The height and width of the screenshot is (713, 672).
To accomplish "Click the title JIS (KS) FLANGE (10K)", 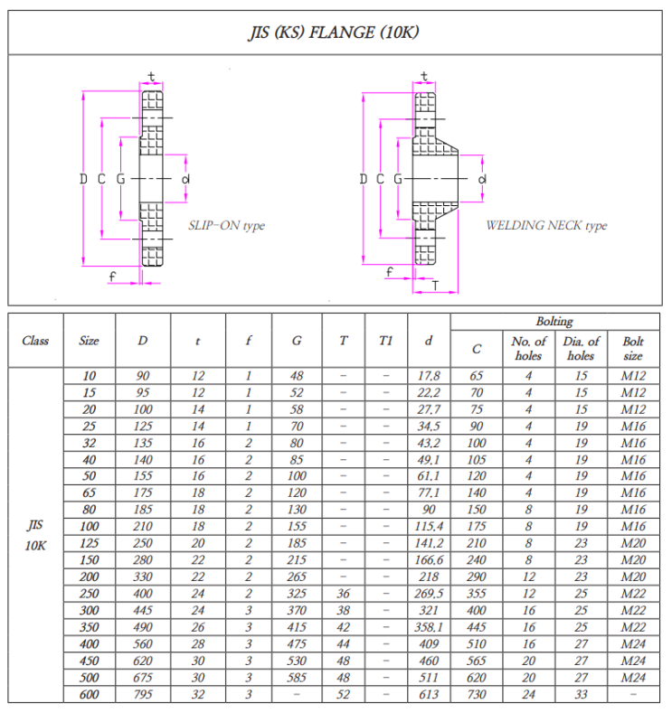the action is point(334,33).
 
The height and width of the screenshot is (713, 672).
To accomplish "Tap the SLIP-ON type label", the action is point(227,226).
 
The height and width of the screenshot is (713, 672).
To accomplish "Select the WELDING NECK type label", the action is point(546,226).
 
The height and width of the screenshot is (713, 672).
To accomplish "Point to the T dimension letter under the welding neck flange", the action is point(435,286).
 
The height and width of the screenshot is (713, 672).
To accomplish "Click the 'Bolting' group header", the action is point(554,322).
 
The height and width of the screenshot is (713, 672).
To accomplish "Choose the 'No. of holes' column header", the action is point(529,348).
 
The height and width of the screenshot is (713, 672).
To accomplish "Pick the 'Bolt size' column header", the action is point(633,348).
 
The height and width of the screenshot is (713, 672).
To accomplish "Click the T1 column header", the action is point(386,341).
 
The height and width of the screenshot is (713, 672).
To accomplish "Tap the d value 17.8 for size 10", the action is point(429,376).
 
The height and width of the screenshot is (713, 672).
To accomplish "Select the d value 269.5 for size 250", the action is point(429,594).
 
